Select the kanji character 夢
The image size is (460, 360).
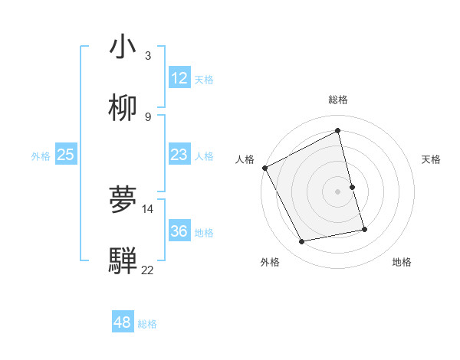click(123, 200)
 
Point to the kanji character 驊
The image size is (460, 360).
click(123, 261)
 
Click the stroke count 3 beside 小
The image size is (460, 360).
click(148, 56)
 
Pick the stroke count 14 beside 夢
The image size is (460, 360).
click(148, 208)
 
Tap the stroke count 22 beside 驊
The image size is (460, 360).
click(148, 270)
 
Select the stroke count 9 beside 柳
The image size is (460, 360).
click(148, 117)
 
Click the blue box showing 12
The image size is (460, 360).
click(179, 78)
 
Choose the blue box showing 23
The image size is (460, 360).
click(179, 155)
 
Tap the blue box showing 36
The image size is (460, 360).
click(179, 231)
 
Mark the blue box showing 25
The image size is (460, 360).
click(65, 155)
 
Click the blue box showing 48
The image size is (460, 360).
click(122, 322)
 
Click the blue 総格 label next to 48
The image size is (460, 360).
click(147, 324)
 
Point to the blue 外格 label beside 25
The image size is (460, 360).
click(41, 156)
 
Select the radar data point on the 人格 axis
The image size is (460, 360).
click(264, 168)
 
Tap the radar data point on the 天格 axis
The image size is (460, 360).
click(352, 187)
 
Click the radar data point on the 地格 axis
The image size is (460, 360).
click(364, 228)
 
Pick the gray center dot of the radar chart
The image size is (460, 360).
click(337, 191)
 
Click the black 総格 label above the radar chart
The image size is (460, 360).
click(337, 100)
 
